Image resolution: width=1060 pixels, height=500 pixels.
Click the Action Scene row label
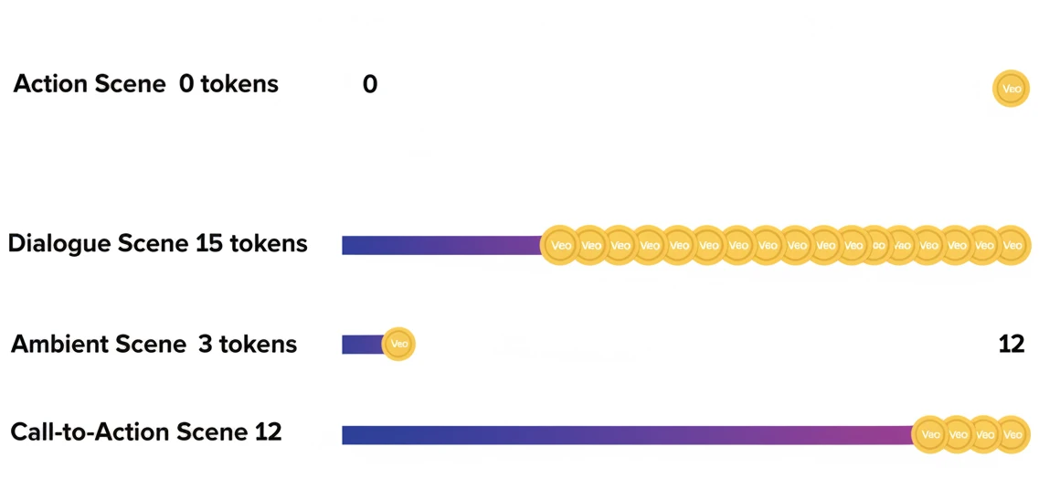click(x=145, y=85)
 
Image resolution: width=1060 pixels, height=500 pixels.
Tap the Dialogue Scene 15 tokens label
click(x=157, y=244)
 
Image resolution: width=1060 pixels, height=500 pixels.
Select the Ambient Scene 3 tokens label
click(x=154, y=345)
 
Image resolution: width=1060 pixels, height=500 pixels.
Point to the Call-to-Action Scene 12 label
click(x=145, y=431)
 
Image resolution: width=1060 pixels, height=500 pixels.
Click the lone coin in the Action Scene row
click(x=1011, y=90)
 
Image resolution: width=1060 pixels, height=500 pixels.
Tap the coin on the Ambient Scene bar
click(x=398, y=345)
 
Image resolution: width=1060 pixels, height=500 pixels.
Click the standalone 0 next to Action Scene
click(x=370, y=85)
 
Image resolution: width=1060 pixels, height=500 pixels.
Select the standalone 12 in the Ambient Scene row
click(x=1012, y=345)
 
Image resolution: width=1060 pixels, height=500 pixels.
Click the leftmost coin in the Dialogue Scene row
click(x=560, y=245)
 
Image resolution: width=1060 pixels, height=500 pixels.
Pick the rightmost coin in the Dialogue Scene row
click(x=1012, y=245)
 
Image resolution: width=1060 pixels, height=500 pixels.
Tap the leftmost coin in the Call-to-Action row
click(x=931, y=435)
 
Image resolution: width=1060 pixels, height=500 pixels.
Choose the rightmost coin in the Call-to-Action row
click(x=1012, y=435)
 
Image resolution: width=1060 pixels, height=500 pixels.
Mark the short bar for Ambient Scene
click(x=362, y=345)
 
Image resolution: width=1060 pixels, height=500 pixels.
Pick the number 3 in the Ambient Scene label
click(x=205, y=345)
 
